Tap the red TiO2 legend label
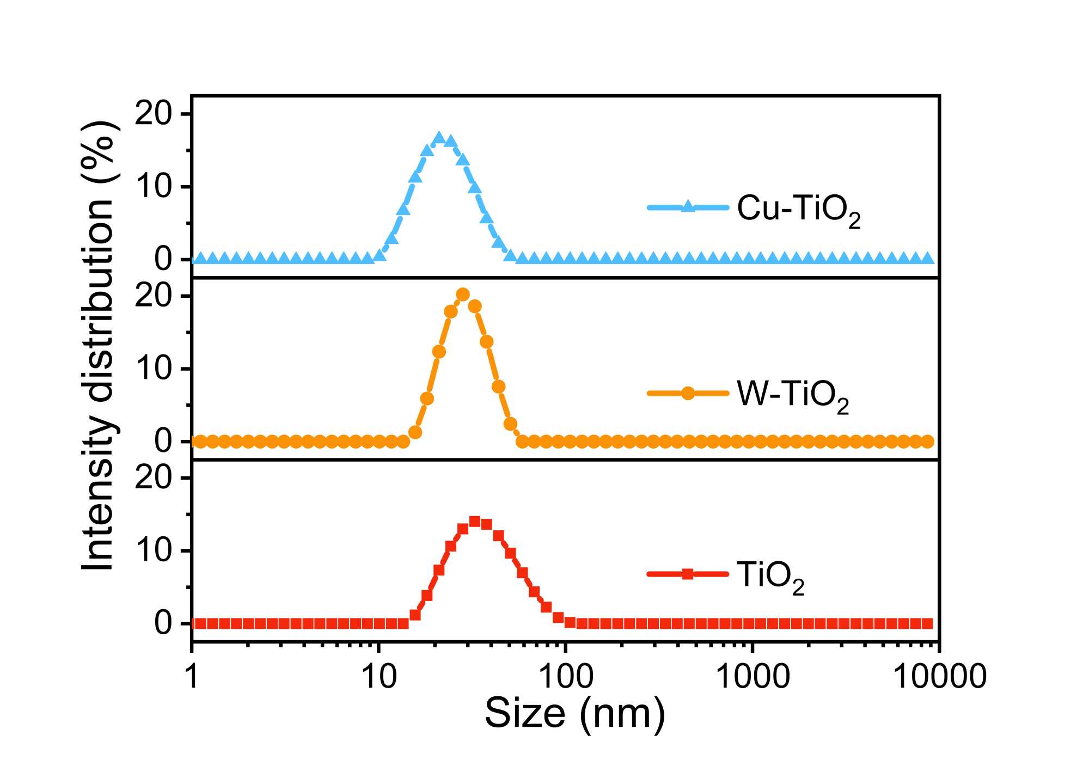point(770,576)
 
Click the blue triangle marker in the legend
point(688,206)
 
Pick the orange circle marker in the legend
point(688,393)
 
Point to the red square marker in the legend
point(688,574)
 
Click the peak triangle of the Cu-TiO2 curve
point(439,138)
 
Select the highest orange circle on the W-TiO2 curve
point(463,295)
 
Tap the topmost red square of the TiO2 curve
point(475,522)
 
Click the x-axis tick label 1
point(192,677)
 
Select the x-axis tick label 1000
point(752,677)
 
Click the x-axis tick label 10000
point(940,677)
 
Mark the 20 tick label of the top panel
point(153,114)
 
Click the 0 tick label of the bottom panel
point(163,624)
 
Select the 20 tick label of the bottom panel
point(153,479)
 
